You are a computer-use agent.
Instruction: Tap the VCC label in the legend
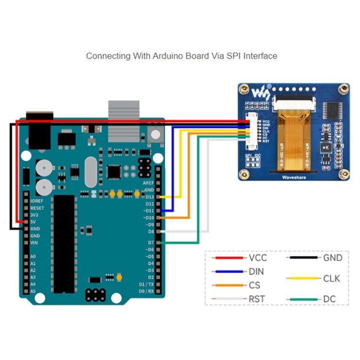pos(258,258)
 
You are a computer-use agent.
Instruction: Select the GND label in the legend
pos(332,258)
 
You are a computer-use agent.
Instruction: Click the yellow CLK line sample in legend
pos(303,278)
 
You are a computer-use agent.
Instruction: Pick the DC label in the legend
pos(329,299)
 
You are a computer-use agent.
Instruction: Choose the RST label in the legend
pos(257,299)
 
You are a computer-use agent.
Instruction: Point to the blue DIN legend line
pos(228,272)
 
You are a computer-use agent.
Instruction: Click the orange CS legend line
pos(228,285)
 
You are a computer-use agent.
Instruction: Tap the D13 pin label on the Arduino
pos(150,197)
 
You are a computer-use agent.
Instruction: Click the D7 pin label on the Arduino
pos(150,243)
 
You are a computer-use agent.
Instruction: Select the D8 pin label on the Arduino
pos(150,231)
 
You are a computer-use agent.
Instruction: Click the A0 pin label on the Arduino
pos(33,257)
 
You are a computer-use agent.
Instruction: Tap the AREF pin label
pos(148,183)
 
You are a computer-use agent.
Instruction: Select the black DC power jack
pos(39,130)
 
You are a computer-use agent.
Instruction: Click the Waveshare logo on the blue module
pos(262,90)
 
